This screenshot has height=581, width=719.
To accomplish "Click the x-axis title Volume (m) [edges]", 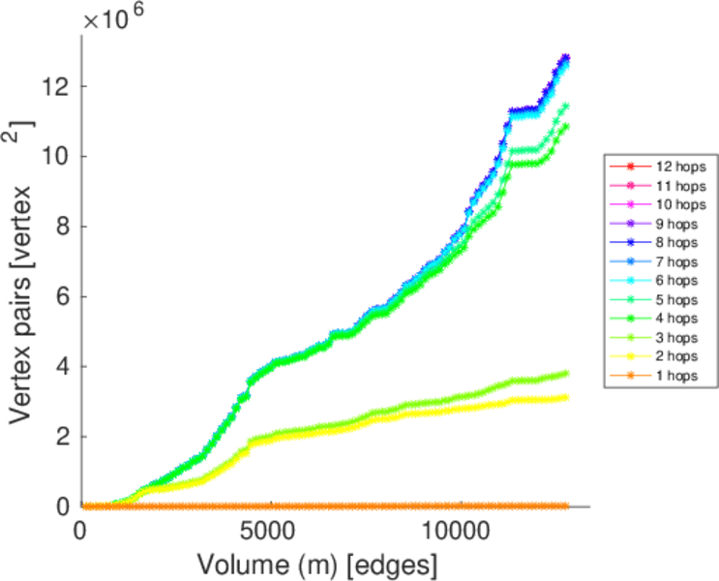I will (317, 564).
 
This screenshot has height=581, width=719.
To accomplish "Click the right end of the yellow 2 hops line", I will (565, 398).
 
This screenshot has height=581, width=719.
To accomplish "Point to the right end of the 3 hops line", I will (565, 373).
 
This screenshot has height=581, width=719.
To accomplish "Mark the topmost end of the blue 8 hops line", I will (566, 57).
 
